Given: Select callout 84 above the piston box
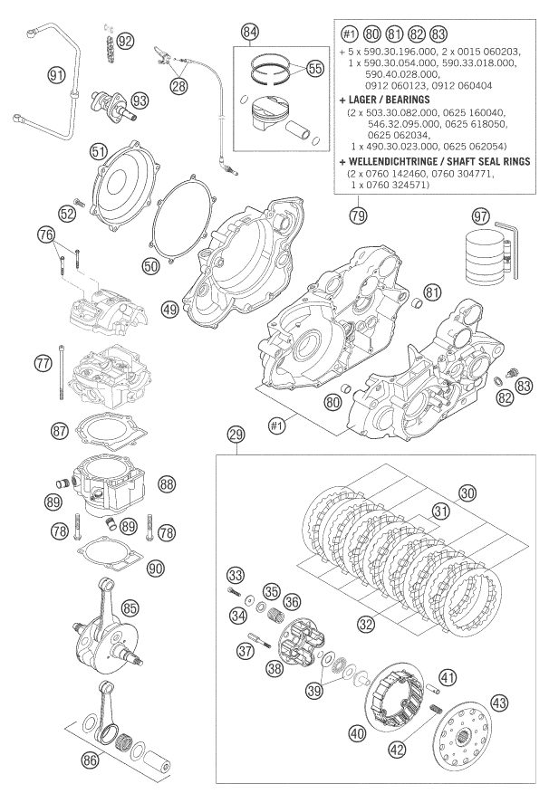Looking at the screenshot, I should tap(252, 34).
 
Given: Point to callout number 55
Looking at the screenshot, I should tap(314, 68).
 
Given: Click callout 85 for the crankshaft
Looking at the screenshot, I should tap(155, 608).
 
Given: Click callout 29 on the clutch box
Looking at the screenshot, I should tap(236, 435).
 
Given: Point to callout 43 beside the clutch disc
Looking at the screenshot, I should tap(499, 703).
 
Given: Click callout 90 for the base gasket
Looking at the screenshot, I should tap(156, 568).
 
